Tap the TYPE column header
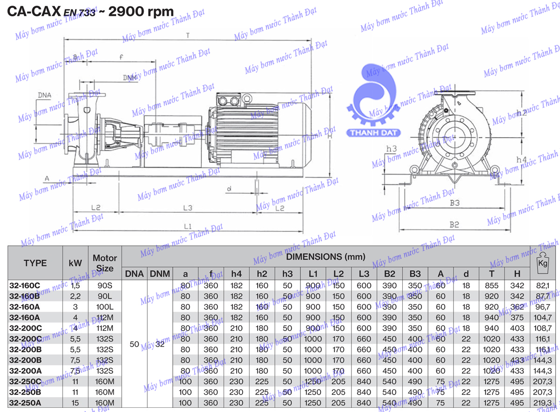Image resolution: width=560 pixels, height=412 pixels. pyautogui.click(x=35, y=263)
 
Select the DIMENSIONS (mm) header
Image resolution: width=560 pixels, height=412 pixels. pyautogui.click(x=325, y=256)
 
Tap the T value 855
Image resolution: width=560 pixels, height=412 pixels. pyautogui.click(x=491, y=285)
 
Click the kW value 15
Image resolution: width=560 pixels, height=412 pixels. pyautogui.click(x=75, y=403)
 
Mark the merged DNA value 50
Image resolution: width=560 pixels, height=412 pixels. pyautogui.click(x=134, y=344)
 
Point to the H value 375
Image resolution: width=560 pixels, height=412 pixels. pyautogui.click(x=517, y=317)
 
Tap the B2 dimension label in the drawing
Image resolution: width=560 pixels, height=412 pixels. pyautogui.click(x=454, y=224)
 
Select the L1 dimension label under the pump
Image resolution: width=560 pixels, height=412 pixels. pyautogui.click(x=188, y=226)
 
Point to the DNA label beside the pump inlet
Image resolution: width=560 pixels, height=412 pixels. pyautogui.click(x=45, y=95)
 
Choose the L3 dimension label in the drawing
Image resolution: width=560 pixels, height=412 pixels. pyautogui.click(x=188, y=207)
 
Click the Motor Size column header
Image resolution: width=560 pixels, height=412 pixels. pyautogui.click(x=105, y=263)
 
